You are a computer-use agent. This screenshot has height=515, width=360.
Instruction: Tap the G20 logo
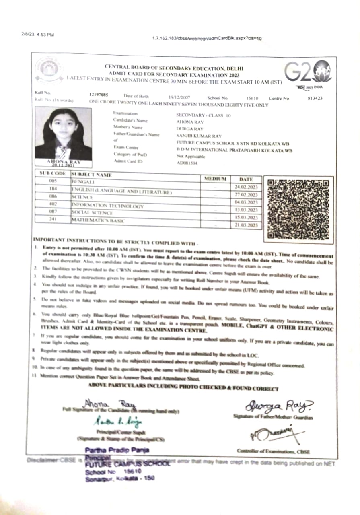click(x=308, y=72)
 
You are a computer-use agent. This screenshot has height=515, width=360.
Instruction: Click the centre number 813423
click(x=315, y=98)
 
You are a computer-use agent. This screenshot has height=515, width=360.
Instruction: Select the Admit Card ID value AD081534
click(x=185, y=163)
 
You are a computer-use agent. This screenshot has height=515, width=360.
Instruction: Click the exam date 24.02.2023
click(x=246, y=187)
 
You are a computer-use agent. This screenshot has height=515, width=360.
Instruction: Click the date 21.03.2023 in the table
click(x=246, y=225)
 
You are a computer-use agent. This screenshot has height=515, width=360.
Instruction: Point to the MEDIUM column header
click(x=216, y=179)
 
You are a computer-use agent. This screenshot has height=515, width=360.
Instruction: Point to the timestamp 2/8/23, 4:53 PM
click(x=37, y=35)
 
